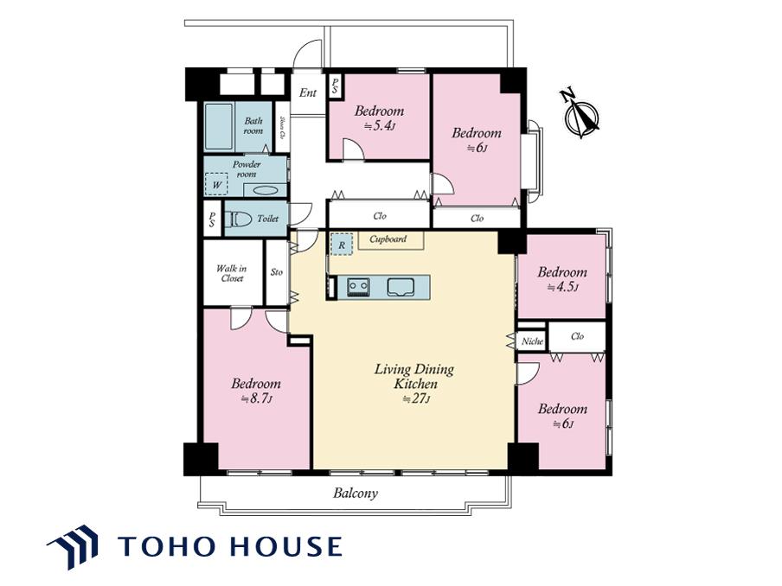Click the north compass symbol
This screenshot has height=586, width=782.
[580, 115]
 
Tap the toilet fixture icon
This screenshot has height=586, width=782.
[239, 219]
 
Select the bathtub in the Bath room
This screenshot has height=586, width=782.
[219, 126]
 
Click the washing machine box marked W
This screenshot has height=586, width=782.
[216, 184]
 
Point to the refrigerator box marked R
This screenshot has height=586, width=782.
[342, 245]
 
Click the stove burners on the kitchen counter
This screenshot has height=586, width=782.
[358, 287]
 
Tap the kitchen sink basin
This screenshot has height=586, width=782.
[401, 287]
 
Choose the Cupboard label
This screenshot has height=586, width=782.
[388, 239]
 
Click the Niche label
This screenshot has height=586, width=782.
[532, 341]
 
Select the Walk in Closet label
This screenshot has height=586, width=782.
[232, 273]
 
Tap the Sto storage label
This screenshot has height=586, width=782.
[277, 271]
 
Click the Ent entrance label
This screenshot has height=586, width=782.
[308, 92]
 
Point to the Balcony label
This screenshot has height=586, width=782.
[356, 494]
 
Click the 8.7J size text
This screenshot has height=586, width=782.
[256, 398]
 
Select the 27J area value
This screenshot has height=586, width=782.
[416, 398]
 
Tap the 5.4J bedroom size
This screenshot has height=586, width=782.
[380, 126]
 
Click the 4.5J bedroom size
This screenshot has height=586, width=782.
[562, 287]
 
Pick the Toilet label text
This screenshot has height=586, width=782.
[268, 219]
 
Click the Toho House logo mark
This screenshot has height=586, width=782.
[73, 546]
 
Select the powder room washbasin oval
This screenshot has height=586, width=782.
[266, 190]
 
